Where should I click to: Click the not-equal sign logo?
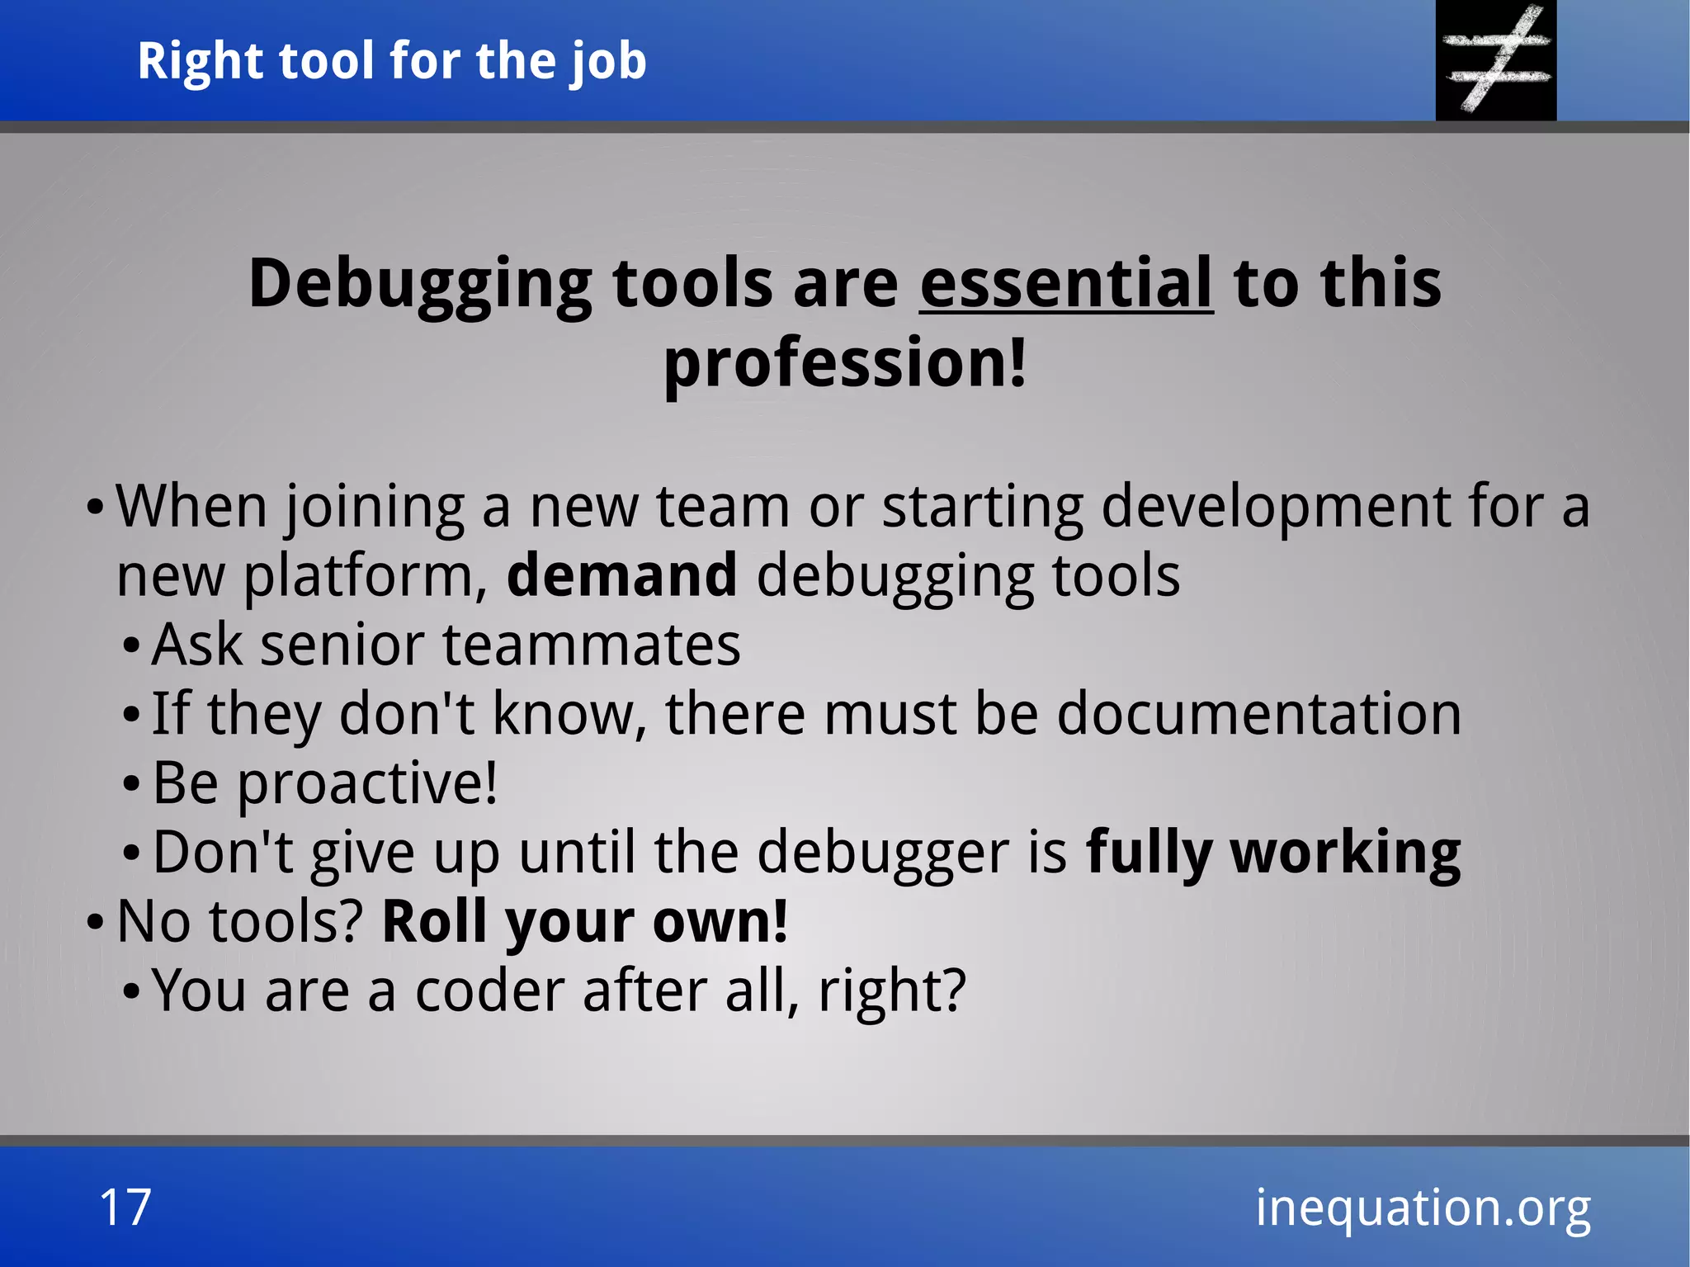click(x=1496, y=59)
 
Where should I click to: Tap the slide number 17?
click(x=125, y=1207)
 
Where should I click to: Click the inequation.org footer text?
click(x=1423, y=1208)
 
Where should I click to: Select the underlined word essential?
click(x=1066, y=283)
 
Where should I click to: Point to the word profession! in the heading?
click(x=846, y=363)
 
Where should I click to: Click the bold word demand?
click(x=621, y=575)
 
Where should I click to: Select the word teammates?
click(x=592, y=645)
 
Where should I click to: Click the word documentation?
click(x=1258, y=714)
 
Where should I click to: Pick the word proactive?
click(x=368, y=783)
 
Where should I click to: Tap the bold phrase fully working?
click(x=1273, y=853)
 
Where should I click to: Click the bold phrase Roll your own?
click(x=585, y=922)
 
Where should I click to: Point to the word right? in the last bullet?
click(x=891, y=990)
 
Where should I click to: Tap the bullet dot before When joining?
click(x=96, y=506)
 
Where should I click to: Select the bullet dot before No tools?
click(x=96, y=922)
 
